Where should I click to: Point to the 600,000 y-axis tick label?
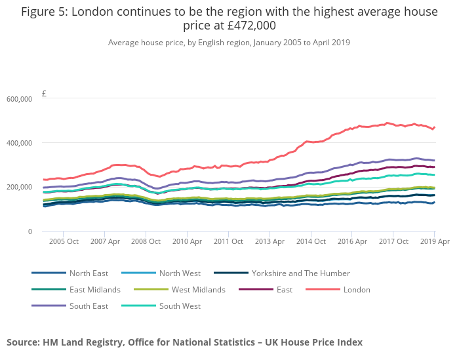tap(19, 99)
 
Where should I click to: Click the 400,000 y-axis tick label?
tap(19, 143)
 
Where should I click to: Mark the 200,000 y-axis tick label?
tap(19, 187)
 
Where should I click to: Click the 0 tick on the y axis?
tap(30, 231)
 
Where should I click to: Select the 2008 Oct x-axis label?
tap(145, 242)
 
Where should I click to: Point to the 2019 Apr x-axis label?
tap(434, 242)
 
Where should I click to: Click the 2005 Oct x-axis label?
tap(63, 242)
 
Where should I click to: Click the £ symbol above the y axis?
tap(44, 94)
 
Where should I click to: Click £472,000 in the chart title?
tap(247, 26)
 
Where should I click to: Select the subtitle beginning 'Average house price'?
tap(229, 43)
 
